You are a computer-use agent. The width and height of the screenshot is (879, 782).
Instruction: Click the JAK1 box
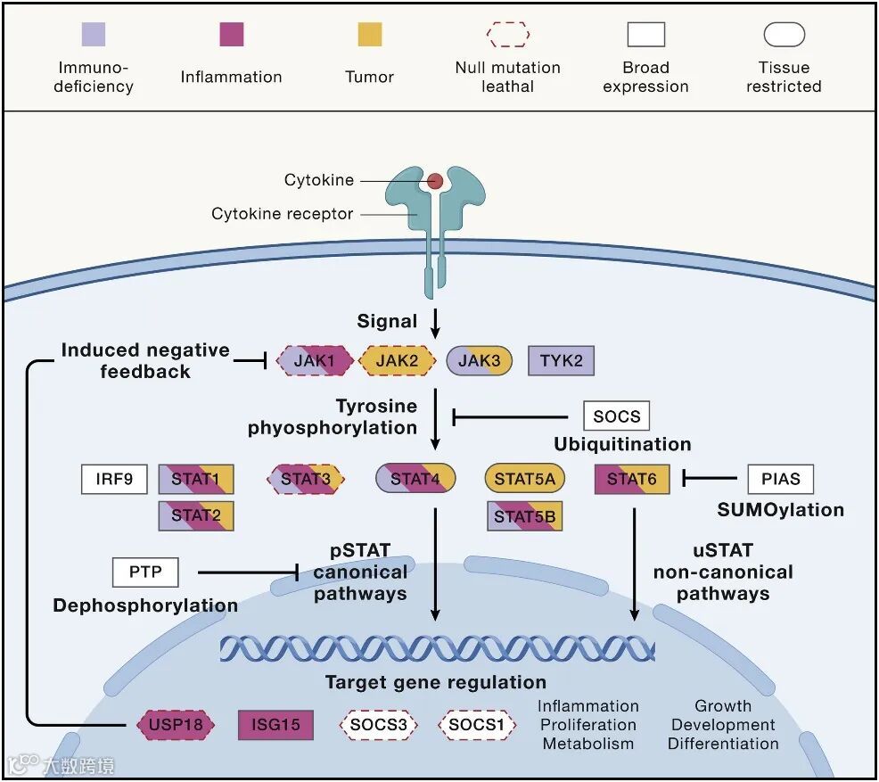coord(313,361)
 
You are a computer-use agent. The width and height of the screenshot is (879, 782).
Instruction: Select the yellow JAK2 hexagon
coord(397,361)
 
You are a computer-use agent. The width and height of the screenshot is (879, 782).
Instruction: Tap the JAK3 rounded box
coord(480,361)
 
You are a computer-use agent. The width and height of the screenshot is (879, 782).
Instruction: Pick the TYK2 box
coord(561,361)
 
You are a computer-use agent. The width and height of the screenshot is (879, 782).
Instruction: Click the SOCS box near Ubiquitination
coord(616,416)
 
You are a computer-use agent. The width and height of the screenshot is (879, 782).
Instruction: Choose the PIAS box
coord(780,479)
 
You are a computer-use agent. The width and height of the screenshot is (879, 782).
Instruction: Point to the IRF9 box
coord(114,479)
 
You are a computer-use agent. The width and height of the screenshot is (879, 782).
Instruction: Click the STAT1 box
coord(196,479)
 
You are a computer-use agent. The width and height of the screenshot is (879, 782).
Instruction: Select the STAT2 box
coord(196,515)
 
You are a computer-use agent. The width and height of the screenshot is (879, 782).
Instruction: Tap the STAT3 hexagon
coord(306,479)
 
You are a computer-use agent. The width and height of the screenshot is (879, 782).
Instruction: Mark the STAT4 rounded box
coord(415,479)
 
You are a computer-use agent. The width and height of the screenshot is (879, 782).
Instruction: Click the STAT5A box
coord(524,479)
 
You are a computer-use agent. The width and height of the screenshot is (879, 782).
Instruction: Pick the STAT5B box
coord(524,516)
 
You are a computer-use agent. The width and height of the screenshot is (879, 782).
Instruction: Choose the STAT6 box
coord(631,479)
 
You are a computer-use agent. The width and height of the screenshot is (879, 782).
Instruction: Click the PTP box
coord(145,572)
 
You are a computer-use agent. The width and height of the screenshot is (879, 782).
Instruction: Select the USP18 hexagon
coord(176,725)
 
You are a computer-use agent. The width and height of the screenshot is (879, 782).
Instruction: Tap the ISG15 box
coord(275,725)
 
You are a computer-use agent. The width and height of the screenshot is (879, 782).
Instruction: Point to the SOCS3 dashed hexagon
coord(378,725)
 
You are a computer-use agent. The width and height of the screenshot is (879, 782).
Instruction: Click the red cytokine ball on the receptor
coord(435,181)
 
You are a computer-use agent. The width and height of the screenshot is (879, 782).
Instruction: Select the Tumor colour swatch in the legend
coord(369,35)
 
